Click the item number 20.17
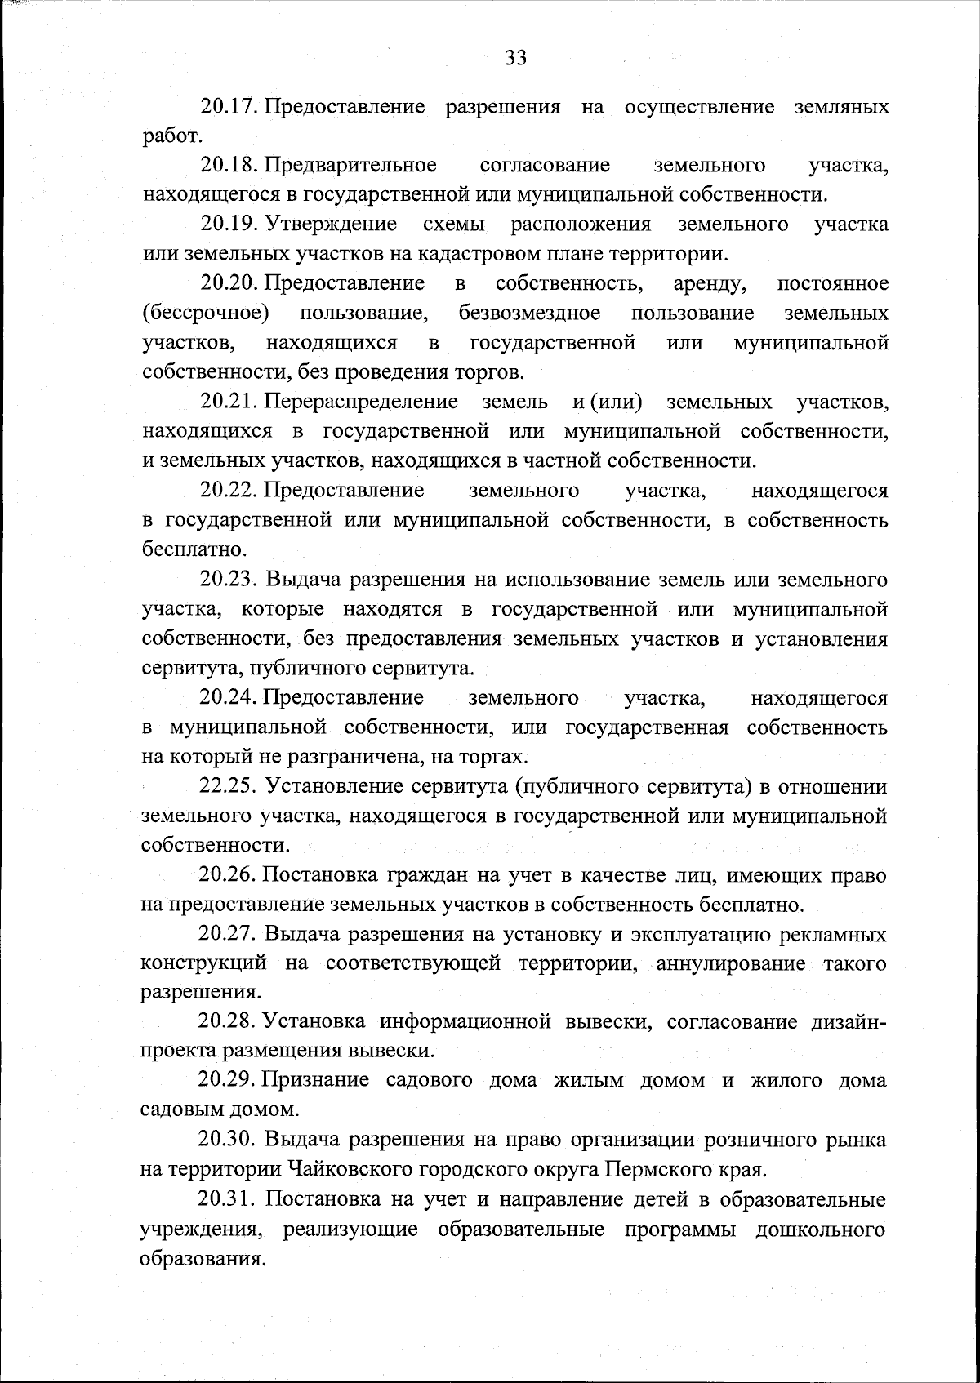(x=229, y=107)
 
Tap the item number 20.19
(x=229, y=225)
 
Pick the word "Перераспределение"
(x=362, y=402)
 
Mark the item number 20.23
(x=229, y=580)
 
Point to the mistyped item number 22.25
(x=229, y=787)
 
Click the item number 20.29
(x=229, y=1081)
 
